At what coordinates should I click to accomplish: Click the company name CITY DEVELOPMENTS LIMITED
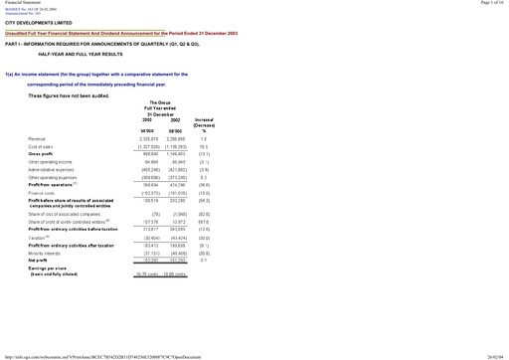[38, 21]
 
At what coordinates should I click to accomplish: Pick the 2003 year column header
[146, 119]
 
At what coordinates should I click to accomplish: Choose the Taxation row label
[39, 238]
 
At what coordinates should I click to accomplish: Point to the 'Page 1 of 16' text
[489, 4]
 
